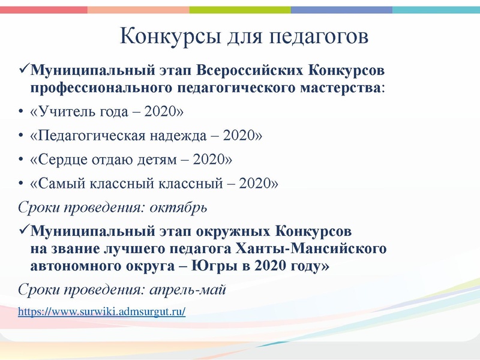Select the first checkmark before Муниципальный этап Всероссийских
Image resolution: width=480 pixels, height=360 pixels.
pyautogui.click(x=23, y=71)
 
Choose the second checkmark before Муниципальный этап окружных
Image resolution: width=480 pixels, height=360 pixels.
pyautogui.click(x=23, y=230)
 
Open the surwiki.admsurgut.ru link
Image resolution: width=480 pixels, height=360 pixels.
pyautogui.click(x=101, y=311)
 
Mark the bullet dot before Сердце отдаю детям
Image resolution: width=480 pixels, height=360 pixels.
pyautogui.click(x=21, y=160)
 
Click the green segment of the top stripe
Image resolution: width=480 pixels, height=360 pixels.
pyautogui.click(x=240, y=10)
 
